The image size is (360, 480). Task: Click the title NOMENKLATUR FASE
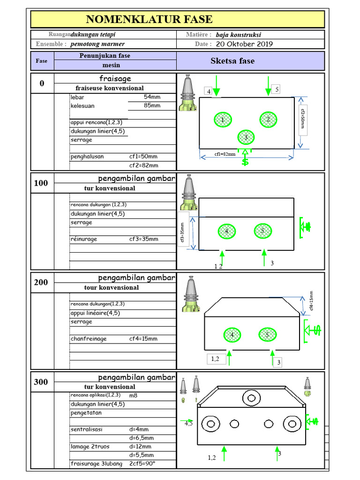pyautogui.click(x=149, y=19)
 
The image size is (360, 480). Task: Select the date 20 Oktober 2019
pyautogui.click(x=244, y=44)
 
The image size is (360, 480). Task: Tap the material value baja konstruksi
pyautogui.click(x=239, y=35)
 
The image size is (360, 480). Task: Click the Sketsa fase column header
pyautogui.click(x=232, y=61)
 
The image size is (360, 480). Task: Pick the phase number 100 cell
pyautogui.click(x=41, y=183)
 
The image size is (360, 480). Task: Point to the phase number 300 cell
pyautogui.click(x=41, y=382)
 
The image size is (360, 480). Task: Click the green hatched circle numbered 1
pyautogui.click(x=223, y=120)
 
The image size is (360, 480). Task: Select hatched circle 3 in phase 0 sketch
pyautogui.click(x=246, y=137)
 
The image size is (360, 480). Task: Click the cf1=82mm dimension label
pyautogui.click(x=225, y=154)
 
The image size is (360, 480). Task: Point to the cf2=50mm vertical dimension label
pyautogui.click(x=303, y=119)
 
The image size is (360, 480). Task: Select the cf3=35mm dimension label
pyautogui.click(x=182, y=232)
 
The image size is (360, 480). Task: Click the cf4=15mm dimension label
pyautogui.click(x=311, y=300)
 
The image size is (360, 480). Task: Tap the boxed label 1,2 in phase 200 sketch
pyautogui.click(x=215, y=359)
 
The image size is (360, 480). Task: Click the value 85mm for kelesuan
pyautogui.click(x=152, y=105)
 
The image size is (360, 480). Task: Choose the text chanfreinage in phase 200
pyautogui.click(x=89, y=339)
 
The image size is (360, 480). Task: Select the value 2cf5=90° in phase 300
pyautogui.click(x=142, y=464)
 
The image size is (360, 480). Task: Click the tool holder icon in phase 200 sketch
pyautogui.click(x=191, y=294)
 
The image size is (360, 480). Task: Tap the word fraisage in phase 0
pyautogui.click(x=115, y=79)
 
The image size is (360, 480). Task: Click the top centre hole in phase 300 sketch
pyautogui.click(x=252, y=398)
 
